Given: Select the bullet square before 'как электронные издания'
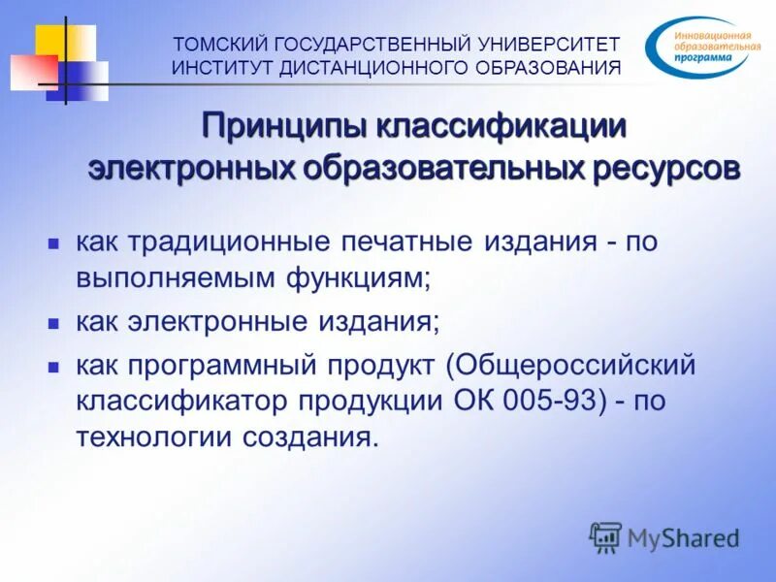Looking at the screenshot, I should (x=55, y=322).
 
